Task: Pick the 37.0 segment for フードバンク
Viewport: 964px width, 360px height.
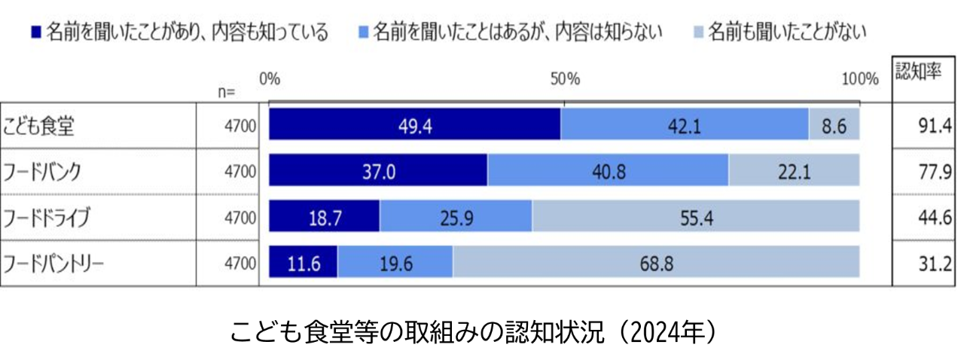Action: pos(378,172)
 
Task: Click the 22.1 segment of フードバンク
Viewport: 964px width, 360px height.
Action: pos(794,172)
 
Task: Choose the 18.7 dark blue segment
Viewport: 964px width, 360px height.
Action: pos(325,218)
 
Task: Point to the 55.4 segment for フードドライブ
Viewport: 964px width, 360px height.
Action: pos(695,218)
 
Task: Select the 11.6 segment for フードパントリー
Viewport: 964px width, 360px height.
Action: pos(304,264)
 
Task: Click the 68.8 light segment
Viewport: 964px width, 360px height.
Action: pos(655,264)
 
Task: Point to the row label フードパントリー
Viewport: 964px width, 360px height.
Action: pos(53,264)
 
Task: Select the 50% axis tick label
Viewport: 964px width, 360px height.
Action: pos(564,78)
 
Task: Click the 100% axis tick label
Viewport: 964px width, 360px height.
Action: pos(859,78)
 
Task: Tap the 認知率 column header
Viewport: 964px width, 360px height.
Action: pos(917,72)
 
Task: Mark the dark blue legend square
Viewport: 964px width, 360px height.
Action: pos(35,33)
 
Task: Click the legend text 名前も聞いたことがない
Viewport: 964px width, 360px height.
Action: pos(787,32)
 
